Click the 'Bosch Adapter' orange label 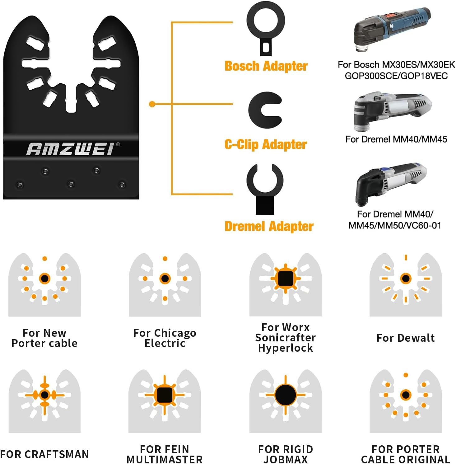266,66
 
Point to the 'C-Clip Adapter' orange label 266,144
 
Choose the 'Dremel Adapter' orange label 269,226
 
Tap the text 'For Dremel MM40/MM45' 396,139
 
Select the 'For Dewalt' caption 406,338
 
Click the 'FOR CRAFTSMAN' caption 44,454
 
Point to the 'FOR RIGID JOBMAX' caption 286,454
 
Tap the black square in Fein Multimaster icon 165,395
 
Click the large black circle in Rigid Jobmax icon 286,395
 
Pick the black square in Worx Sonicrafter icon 286,278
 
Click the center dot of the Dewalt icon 406,278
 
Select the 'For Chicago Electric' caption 165,338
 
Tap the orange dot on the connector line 152,104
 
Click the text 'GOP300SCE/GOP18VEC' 396,76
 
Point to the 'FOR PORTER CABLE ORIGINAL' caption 406,454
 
